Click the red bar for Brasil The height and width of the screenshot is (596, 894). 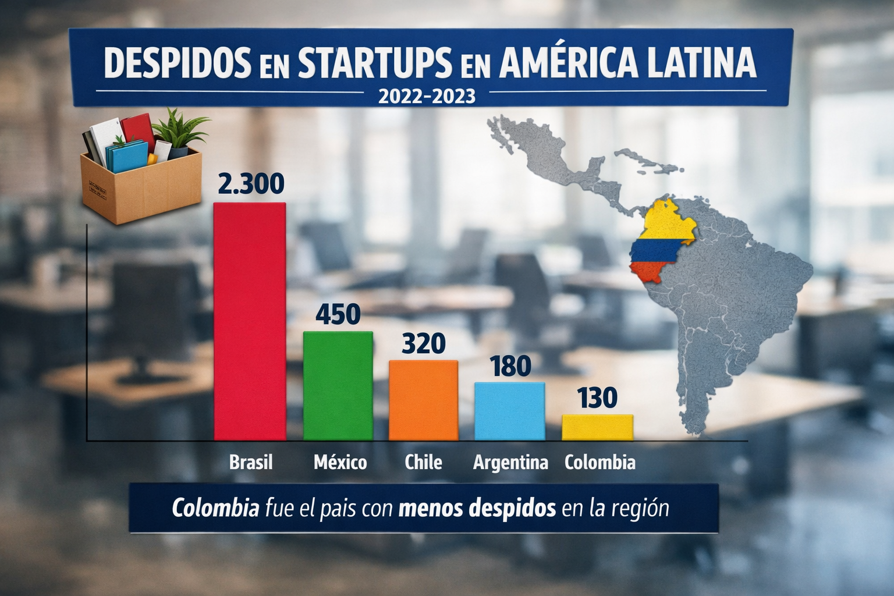(250, 321)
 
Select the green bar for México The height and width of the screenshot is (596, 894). (338, 385)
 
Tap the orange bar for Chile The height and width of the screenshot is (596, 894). (423, 400)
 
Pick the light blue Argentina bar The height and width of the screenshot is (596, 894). (509, 410)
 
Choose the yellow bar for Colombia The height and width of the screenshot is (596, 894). (597, 427)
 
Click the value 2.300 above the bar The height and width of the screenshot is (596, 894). (251, 183)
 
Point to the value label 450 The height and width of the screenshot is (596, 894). (338, 314)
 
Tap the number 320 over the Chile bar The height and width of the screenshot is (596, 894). (423, 343)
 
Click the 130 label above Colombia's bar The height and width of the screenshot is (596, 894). (597, 399)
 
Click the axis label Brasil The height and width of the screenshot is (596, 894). (251, 462)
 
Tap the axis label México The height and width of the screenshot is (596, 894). (340, 462)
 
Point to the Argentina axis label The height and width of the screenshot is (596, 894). (510, 463)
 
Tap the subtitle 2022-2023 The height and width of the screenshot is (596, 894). (426, 95)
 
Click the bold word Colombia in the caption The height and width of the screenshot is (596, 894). (215, 508)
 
